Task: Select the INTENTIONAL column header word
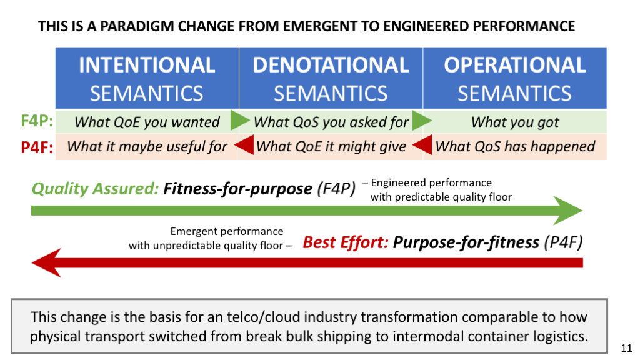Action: [147, 65]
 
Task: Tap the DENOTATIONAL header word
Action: [331, 65]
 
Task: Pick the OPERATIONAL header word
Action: [515, 65]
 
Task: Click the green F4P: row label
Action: [37, 121]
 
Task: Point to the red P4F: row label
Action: [37, 147]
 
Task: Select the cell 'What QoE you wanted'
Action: [147, 122]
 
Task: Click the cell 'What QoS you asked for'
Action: [331, 122]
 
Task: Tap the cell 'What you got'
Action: [515, 122]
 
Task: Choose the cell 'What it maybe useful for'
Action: [147, 146]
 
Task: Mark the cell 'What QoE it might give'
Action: [331, 146]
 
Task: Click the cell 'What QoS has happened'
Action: [515, 146]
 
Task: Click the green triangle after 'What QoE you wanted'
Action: [239, 121]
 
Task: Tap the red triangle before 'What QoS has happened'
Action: [422, 145]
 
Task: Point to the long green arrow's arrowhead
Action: [568, 211]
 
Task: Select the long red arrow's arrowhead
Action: [46, 263]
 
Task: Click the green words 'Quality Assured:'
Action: [95, 189]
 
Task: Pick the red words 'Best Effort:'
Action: [346, 242]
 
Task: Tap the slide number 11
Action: [626, 348]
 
